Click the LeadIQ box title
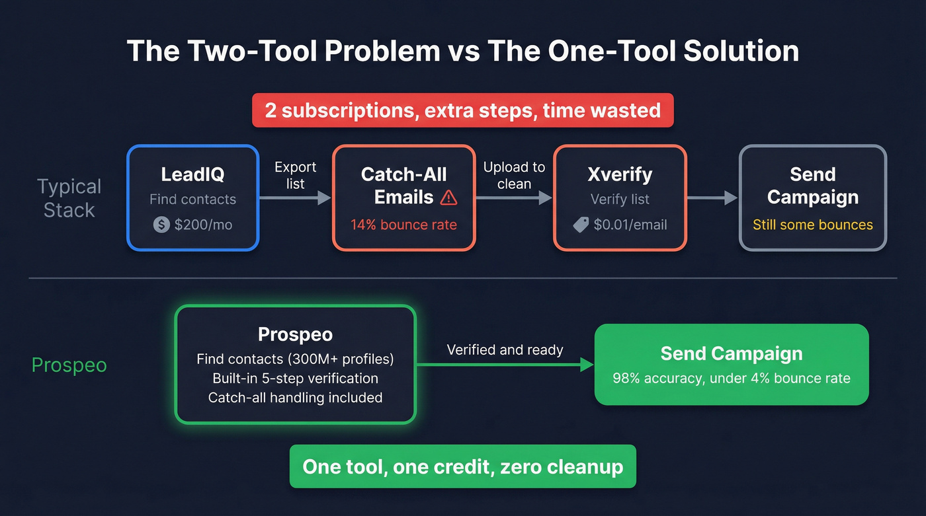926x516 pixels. (192, 174)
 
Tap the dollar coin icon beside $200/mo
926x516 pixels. (161, 225)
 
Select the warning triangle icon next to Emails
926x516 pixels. (448, 197)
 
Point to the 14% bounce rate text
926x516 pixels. (403, 225)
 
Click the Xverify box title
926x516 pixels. (620, 174)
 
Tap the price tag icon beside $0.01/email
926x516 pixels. (581, 225)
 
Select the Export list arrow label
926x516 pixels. (295, 175)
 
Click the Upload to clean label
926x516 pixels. (514, 175)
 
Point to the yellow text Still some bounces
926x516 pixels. (812, 225)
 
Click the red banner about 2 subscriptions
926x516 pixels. (463, 110)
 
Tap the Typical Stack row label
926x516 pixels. (69, 198)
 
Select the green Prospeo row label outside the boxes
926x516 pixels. (69, 365)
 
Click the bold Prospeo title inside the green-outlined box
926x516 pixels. (295, 335)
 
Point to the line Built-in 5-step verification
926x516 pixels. (295, 379)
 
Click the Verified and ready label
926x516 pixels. (505, 350)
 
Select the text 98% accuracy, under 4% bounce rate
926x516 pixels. (731, 379)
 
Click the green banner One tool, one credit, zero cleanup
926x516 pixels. (462, 466)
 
